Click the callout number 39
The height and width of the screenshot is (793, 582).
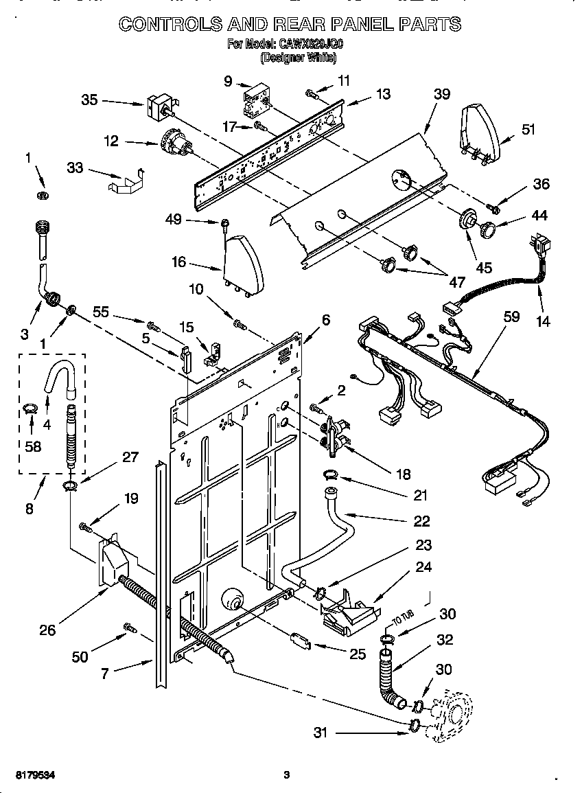click(x=441, y=94)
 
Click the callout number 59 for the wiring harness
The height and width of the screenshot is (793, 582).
click(x=511, y=317)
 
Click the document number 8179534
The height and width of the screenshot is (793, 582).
click(x=30, y=775)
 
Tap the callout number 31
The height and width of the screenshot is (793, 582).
click(x=321, y=733)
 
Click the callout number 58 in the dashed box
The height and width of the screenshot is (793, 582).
click(x=32, y=446)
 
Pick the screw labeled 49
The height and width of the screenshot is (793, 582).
click(x=225, y=222)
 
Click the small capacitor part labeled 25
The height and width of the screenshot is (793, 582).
click(x=297, y=642)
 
